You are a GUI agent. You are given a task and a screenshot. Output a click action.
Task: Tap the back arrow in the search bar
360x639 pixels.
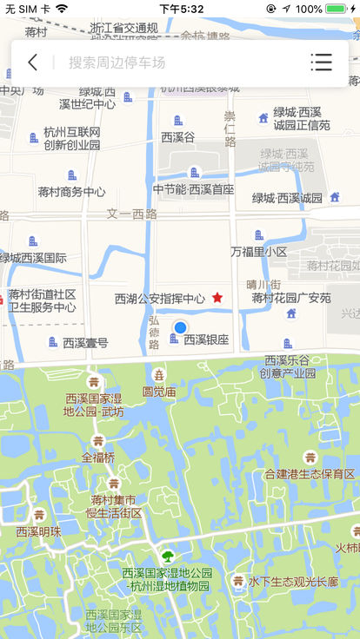(x=33, y=63)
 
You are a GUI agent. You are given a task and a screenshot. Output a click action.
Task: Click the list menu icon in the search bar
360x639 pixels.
(x=322, y=63)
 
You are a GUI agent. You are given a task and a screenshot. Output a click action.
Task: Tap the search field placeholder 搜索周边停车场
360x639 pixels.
(x=117, y=63)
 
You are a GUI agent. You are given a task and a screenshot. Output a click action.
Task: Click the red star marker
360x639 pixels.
(x=217, y=298)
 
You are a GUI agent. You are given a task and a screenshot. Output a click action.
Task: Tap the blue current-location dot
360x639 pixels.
(x=180, y=327)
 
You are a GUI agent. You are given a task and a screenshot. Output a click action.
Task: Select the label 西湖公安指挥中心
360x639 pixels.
(x=160, y=299)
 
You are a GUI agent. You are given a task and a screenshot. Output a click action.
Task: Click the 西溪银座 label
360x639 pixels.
(x=206, y=339)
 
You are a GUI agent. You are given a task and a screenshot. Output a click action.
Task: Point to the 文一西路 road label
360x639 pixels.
(x=132, y=214)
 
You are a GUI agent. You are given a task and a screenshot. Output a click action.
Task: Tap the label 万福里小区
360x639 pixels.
(x=258, y=252)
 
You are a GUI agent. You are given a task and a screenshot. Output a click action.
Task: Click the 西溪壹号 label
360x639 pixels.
(x=85, y=343)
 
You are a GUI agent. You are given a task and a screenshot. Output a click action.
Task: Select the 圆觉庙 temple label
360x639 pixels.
(x=159, y=392)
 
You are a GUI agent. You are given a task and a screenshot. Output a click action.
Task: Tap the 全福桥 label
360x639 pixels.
(x=98, y=457)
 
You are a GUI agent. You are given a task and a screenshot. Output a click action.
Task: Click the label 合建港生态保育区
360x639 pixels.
(x=310, y=474)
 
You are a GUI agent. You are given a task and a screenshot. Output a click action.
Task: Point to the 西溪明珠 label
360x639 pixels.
(x=38, y=531)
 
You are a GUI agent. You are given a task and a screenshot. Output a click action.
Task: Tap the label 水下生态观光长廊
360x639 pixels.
(x=293, y=582)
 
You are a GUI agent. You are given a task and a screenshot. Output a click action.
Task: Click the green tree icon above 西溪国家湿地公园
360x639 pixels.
(x=167, y=557)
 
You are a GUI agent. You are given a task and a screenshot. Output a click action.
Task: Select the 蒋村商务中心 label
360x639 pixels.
(x=71, y=192)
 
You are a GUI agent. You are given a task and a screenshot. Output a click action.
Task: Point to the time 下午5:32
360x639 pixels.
(x=181, y=9)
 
